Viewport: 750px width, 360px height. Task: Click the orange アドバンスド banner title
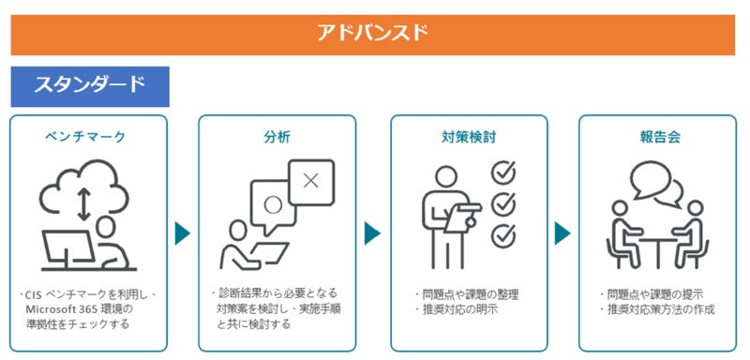(x=372, y=33)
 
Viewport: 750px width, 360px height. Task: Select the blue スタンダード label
(x=89, y=84)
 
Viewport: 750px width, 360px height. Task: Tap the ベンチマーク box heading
(x=85, y=137)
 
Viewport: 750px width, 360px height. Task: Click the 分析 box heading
(x=277, y=137)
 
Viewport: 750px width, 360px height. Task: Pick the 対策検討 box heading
(x=469, y=137)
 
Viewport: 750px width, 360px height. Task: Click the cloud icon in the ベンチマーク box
(x=83, y=187)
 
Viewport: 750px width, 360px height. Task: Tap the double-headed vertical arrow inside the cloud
(x=83, y=204)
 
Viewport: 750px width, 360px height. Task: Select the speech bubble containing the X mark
(x=311, y=182)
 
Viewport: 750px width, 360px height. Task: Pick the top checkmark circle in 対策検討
(x=503, y=172)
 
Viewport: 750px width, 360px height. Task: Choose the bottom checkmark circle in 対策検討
(x=503, y=236)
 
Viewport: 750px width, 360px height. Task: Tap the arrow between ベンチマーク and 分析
(x=182, y=233)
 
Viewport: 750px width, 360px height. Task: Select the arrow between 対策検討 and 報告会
(x=562, y=233)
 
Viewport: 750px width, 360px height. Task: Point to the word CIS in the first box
(x=33, y=294)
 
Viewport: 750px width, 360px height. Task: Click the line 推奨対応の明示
(x=457, y=309)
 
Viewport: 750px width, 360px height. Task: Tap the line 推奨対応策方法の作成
(x=658, y=309)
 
